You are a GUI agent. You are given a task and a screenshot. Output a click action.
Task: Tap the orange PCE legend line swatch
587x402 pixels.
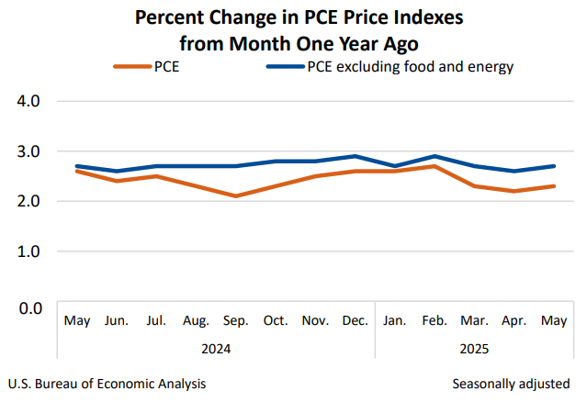click(x=133, y=66)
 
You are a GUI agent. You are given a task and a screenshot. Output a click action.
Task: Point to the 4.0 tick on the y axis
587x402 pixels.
click(x=30, y=101)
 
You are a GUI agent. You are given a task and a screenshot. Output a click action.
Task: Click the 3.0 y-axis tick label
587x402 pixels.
click(x=30, y=151)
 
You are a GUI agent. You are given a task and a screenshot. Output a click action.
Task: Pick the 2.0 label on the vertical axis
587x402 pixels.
click(x=30, y=201)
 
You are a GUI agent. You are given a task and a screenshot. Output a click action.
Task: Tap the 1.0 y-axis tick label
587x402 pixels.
click(x=30, y=251)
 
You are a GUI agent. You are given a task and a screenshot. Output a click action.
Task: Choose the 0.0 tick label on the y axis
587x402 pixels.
click(x=30, y=307)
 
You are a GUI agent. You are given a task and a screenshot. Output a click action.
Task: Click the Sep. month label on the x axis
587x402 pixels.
click(x=236, y=320)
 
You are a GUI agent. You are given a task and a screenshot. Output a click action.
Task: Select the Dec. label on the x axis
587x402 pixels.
click(x=355, y=320)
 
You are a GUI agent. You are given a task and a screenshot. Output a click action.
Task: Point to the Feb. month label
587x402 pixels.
click(x=435, y=320)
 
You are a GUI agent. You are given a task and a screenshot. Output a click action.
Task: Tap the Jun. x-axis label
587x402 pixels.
click(x=117, y=320)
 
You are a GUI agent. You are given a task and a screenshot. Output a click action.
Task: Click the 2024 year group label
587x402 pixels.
click(x=215, y=349)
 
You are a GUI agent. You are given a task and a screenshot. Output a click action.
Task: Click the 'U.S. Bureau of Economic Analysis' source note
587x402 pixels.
click(x=106, y=383)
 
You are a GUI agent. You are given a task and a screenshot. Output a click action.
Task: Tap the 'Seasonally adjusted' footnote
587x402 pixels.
click(x=511, y=383)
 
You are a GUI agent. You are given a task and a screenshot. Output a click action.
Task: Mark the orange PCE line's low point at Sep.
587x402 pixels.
click(x=236, y=195)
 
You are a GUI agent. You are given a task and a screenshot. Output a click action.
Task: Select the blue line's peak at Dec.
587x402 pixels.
click(x=355, y=156)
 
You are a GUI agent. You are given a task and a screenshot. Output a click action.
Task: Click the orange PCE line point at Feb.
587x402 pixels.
click(x=435, y=166)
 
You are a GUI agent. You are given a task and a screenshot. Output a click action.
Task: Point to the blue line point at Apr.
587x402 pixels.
click(x=514, y=171)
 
